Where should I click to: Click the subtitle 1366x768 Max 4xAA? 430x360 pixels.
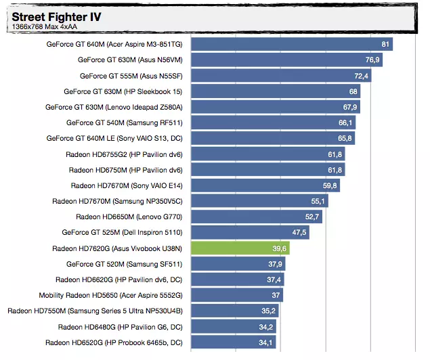(x=41, y=26)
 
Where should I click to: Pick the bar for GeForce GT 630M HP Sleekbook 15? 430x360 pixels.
(x=271, y=91)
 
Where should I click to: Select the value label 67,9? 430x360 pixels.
(x=350, y=107)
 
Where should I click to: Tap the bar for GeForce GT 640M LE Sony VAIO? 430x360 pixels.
(x=267, y=139)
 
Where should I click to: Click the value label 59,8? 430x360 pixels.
(x=330, y=185)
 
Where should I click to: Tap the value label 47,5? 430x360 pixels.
(x=299, y=233)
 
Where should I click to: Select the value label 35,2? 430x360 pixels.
(x=268, y=311)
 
